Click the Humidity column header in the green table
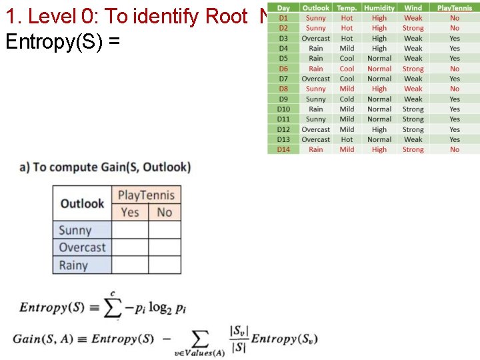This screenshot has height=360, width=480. tap(379, 8)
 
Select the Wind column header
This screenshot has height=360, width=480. tap(413, 8)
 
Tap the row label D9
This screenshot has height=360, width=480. tap(283, 99)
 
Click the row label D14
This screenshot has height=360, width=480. tap(283, 149)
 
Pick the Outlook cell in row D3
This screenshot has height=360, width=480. tap(315, 39)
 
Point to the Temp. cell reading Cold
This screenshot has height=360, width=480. tap(347, 99)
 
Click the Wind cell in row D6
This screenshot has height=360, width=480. tap(413, 69)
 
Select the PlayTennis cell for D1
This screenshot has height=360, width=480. tap(454, 19)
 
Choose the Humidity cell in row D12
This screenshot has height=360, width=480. tap(379, 129)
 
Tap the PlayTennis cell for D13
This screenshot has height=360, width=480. tap(454, 139)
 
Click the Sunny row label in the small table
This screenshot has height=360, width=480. tap(75, 231)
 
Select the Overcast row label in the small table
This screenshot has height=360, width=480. tap(82, 247)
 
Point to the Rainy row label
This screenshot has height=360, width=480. tap(73, 265)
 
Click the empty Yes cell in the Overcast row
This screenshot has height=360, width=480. tap(130, 247)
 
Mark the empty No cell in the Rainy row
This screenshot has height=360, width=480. tap(165, 265)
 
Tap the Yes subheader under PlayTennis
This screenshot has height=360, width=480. tap(130, 212)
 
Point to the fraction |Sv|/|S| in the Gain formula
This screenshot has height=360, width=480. tap(238, 338)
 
